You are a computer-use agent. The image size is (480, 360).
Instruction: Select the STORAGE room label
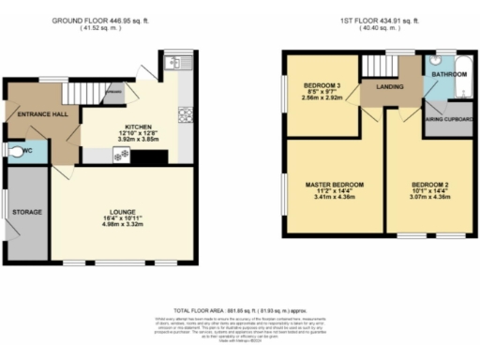click(26, 213)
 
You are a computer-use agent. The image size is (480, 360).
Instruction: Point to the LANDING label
click(390, 88)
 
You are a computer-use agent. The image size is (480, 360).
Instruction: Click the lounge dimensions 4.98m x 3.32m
click(122, 226)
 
